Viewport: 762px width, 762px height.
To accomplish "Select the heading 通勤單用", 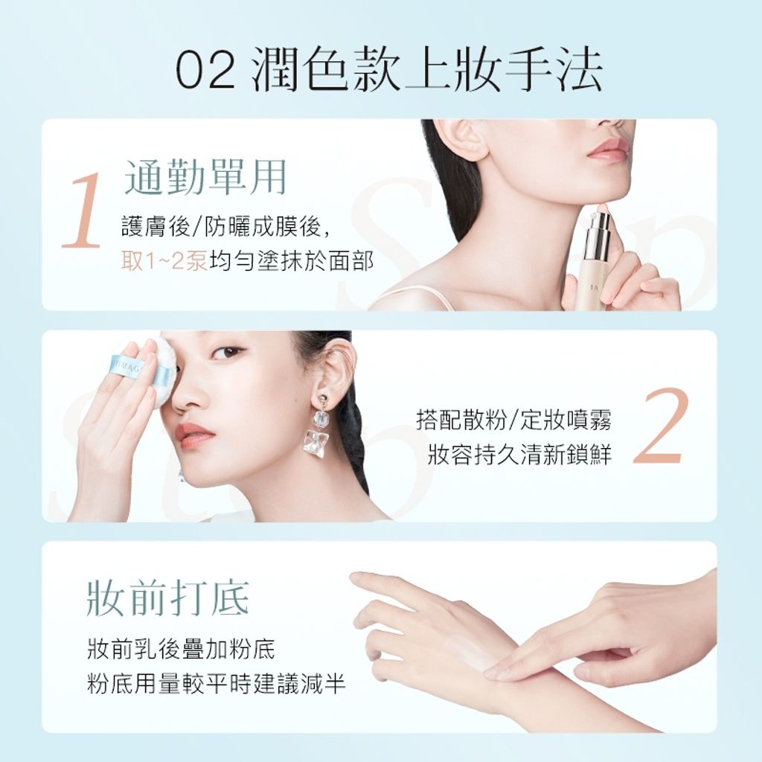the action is [205, 177].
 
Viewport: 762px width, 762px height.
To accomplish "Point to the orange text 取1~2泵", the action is [164, 262].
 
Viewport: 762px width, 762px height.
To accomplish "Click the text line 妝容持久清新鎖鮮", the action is [519, 455].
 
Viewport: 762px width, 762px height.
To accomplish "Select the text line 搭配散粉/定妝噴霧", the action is [513, 420].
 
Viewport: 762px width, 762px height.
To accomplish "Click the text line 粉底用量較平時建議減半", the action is [217, 684].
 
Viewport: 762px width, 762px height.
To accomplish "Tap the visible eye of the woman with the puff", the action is [228, 352].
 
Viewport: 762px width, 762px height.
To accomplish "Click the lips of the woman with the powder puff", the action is [193, 432].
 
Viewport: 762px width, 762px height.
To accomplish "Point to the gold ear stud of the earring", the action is [323, 400].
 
